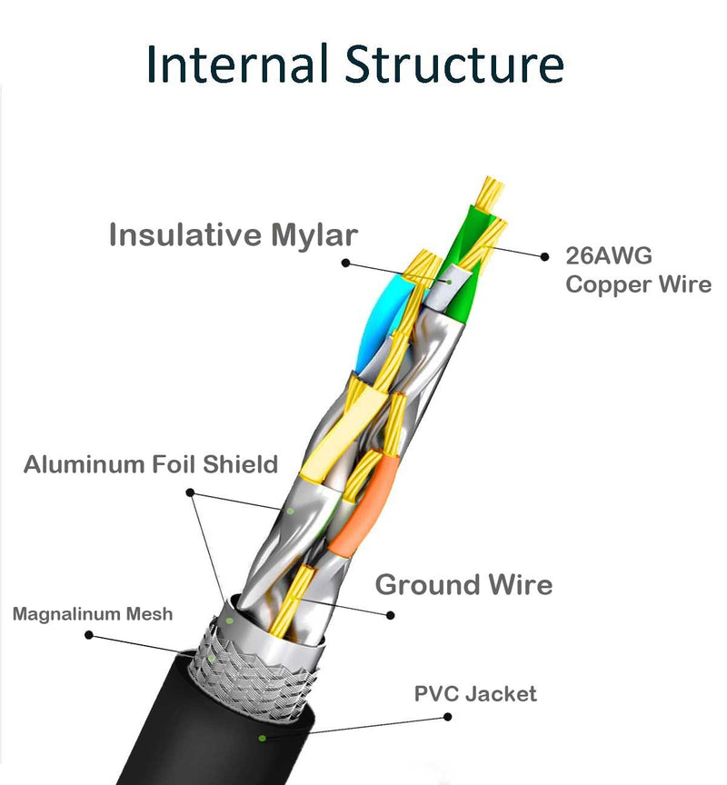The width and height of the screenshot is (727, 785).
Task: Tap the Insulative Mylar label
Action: click(234, 234)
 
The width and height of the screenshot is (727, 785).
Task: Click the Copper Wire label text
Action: click(638, 284)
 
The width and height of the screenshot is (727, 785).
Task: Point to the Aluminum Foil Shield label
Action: click(151, 465)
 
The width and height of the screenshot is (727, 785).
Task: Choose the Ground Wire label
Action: click(463, 584)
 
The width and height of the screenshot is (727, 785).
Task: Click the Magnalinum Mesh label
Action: click(93, 614)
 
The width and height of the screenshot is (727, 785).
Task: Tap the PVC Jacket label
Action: click(475, 694)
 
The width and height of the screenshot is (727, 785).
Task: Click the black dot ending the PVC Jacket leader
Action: click(446, 716)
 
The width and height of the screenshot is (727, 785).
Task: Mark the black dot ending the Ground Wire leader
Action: click(391, 615)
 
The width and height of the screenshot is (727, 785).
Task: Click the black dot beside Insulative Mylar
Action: click(345, 263)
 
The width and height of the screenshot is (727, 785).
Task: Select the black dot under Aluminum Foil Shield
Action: click(190, 492)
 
